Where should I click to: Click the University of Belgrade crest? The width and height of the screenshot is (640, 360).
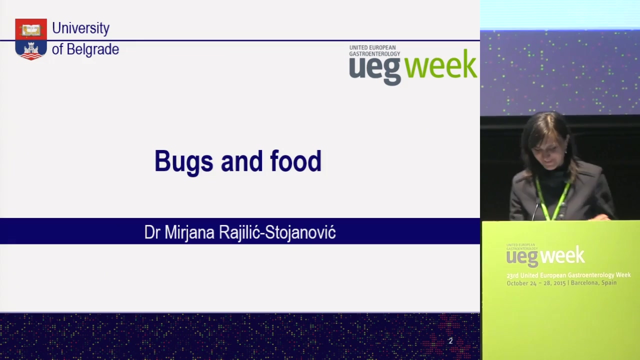coord(31,39)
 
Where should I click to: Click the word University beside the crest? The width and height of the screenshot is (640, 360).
coord(81,28)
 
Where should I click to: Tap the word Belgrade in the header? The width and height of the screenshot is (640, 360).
coord(93,49)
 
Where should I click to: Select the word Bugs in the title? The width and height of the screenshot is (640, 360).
coord(183,161)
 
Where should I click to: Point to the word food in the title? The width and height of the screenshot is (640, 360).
coord(296,161)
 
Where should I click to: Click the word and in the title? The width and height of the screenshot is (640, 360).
coord(241,161)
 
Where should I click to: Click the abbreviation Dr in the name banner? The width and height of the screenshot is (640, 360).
coord(152,232)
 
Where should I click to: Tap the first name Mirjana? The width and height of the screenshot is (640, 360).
coord(189,233)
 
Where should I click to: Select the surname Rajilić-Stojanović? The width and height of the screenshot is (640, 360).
coord(277,232)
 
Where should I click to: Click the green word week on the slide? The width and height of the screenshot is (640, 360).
coord(441,64)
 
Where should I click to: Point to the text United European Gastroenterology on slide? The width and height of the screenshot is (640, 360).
coord(374,50)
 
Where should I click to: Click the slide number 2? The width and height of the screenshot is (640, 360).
coord(450,341)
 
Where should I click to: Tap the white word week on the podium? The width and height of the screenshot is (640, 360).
coord(564,255)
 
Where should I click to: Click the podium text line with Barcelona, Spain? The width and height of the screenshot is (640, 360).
coord(561,283)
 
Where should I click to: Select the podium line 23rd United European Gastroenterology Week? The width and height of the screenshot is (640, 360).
coord(568,275)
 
